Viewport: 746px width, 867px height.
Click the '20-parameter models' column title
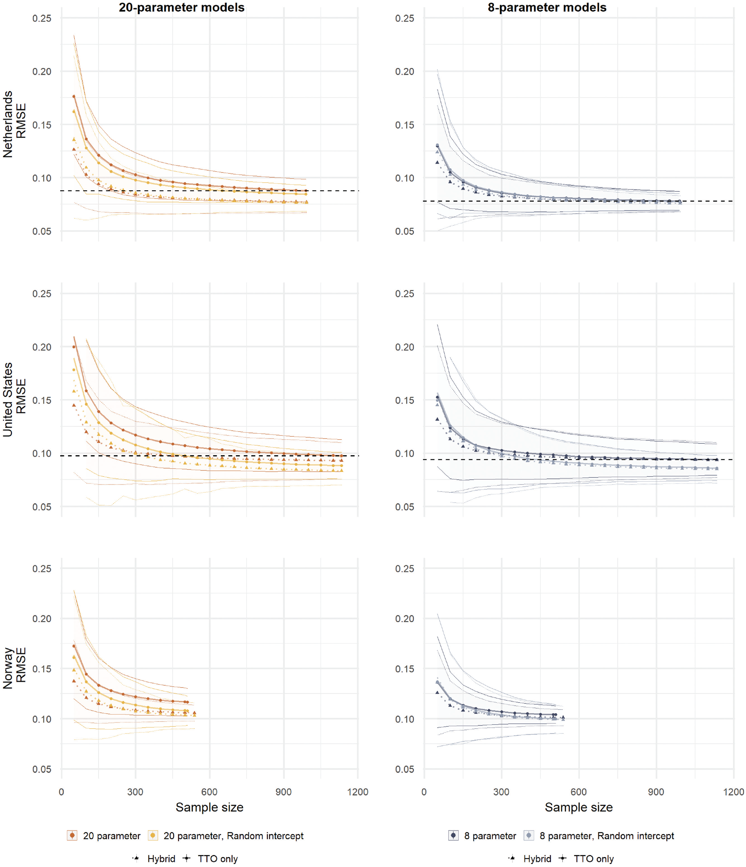tap(181, 7)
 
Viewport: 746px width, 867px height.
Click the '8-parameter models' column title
tap(547, 7)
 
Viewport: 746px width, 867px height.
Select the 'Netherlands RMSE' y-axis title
tap(14, 124)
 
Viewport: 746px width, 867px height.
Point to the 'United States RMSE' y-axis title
tap(14, 399)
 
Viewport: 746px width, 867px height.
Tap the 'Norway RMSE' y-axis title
tap(14, 668)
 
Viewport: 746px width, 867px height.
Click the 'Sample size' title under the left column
tap(209, 807)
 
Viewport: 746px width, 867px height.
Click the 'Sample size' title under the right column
tap(578, 807)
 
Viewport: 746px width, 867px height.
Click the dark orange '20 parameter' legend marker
tap(72, 836)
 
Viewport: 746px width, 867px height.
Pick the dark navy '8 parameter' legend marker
tap(453, 836)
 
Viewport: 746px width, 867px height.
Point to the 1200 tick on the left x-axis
tap(358, 792)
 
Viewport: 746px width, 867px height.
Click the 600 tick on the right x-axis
tap(578, 792)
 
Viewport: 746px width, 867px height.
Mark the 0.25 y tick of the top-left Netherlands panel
tap(42, 19)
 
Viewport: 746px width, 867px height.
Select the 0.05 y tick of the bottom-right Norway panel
tap(404, 769)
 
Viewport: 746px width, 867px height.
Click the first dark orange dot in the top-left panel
tap(74, 96)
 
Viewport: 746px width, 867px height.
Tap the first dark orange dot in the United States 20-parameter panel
tap(74, 347)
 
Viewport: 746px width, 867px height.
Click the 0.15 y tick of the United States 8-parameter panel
tap(404, 401)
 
